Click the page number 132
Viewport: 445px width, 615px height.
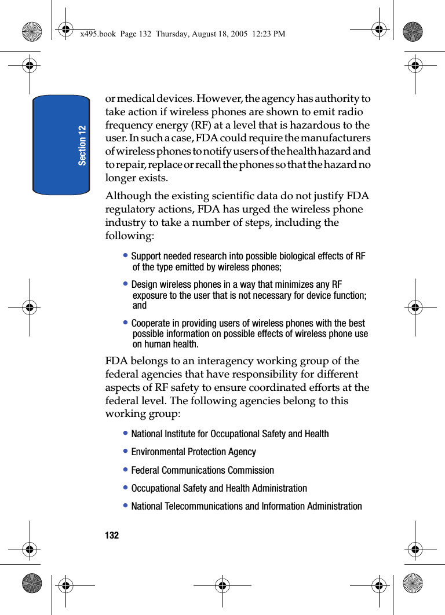click(x=112, y=536)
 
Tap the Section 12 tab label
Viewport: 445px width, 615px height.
click(x=82, y=145)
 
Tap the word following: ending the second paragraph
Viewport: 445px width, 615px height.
click(x=130, y=236)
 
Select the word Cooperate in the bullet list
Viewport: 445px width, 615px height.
click(x=151, y=323)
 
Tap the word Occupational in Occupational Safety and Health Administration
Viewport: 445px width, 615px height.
click(x=155, y=488)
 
